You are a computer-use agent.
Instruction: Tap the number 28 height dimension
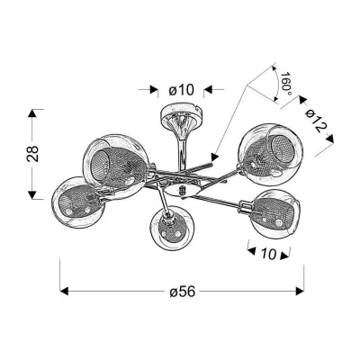tap(33, 156)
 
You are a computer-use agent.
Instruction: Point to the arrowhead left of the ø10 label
tap(153, 90)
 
